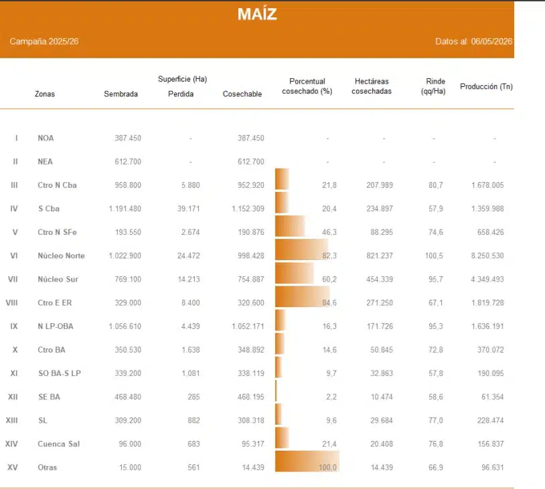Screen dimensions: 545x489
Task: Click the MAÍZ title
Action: click(x=257, y=14)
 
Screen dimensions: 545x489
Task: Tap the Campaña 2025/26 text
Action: click(x=44, y=41)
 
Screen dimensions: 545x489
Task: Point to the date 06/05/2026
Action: click(x=491, y=41)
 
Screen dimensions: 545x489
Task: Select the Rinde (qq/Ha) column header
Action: click(x=433, y=86)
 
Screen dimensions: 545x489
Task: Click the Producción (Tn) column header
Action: click(x=486, y=86)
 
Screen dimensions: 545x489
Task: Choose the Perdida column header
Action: click(x=181, y=94)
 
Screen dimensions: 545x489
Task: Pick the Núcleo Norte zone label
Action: click(x=61, y=256)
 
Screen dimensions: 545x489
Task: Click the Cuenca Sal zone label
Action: click(x=59, y=444)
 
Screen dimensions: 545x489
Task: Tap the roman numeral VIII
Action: click(x=11, y=302)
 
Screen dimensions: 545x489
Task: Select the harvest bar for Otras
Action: click(x=307, y=461)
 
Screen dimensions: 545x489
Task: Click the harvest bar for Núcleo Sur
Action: click(x=295, y=273)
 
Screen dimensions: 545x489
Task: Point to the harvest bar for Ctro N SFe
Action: click(x=290, y=226)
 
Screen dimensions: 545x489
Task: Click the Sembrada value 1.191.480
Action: click(x=125, y=209)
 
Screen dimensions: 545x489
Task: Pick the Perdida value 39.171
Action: click(x=189, y=209)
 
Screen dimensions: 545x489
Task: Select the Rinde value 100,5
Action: click(x=434, y=256)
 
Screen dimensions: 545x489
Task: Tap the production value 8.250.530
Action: click(x=487, y=256)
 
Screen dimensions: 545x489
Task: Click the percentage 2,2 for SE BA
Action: click(x=331, y=397)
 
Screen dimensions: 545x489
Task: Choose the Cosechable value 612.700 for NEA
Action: click(x=251, y=161)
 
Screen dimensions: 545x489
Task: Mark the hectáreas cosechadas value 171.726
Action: click(x=380, y=326)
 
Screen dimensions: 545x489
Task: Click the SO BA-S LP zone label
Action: click(x=60, y=373)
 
